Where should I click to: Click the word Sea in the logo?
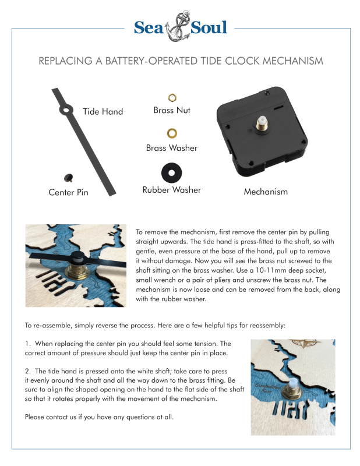[x=150, y=27]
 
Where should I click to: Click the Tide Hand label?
[x=103, y=111]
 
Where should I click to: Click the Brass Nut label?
[x=172, y=110]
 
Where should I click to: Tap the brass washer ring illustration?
[x=172, y=134]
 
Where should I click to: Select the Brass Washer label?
[x=172, y=148]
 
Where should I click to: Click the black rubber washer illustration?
[x=171, y=172]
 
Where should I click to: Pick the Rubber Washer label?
[x=172, y=190]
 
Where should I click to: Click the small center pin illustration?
[x=69, y=176]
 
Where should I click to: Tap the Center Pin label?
[x=68, y=192]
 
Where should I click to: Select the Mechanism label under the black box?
[x=266, y=191]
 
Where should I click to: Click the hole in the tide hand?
[x=68, y=109]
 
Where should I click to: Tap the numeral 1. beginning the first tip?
[x=27, y=344]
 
